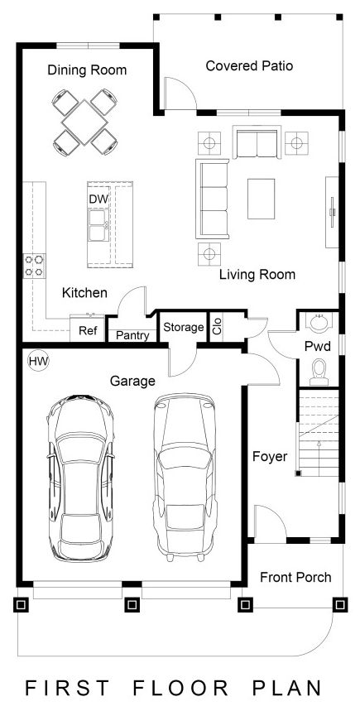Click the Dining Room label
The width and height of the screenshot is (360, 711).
pyautogui.click(x=87, y=70)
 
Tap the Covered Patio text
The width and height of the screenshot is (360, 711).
pyautogui.click(x=249, y=65)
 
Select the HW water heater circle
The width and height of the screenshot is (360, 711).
pyautogui.click(x=37, y=361)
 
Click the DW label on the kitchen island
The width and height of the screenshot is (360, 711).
pyautogui.click(x=98, y=199)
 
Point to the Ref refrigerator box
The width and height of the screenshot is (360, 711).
pyautogui.click(x=88, y=331)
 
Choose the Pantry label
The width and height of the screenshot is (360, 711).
pyautogui.click(x=132, y=336)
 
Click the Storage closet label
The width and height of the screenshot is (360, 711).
pyautogui.click(x=183, y=327)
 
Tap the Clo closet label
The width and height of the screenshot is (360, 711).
pyautogui.click(x=218, y=325)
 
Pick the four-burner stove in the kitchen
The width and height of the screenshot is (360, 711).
pyautogui.click(x=35, y=265)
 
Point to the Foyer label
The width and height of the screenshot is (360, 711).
pyautogui.click(x=270, y=456)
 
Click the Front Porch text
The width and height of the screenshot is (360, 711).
pyautogui.click(x=295, y=577)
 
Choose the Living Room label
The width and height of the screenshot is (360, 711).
pyautogui.click(x=257, y=274)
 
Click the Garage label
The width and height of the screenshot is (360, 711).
pyautogui.click(x=132, y=382)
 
